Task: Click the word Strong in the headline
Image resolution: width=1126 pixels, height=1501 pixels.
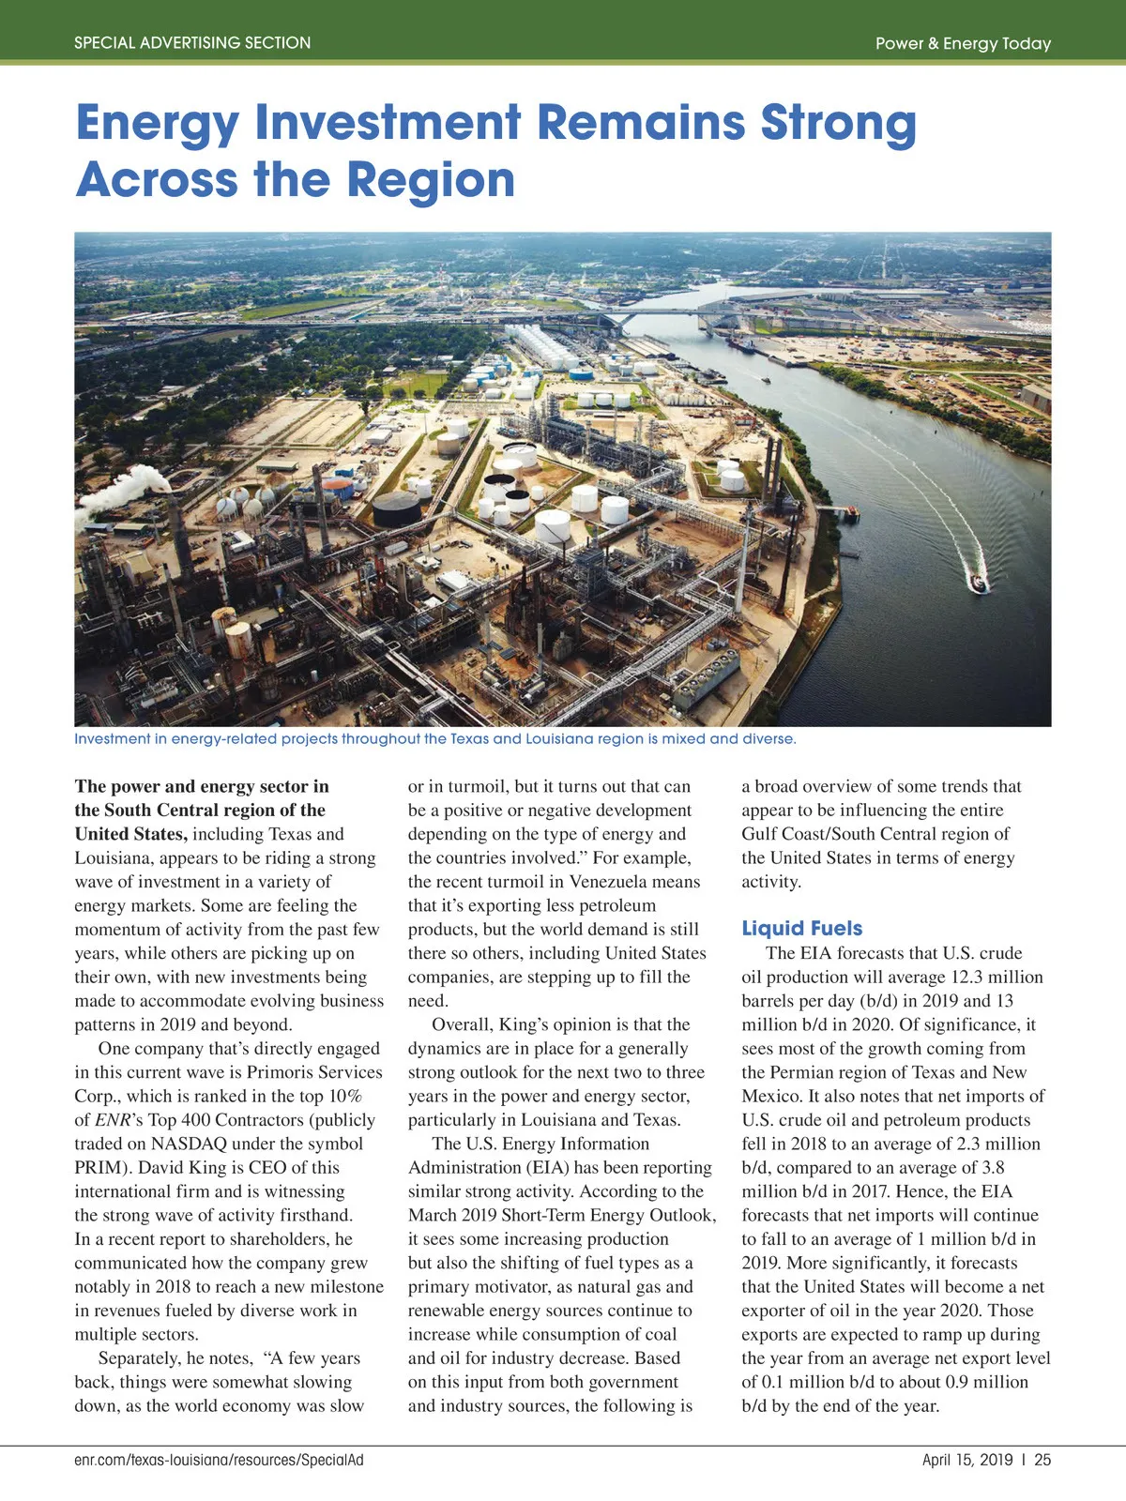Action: pos(838,123)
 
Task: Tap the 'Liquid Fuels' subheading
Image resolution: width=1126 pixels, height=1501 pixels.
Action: pos(801,928)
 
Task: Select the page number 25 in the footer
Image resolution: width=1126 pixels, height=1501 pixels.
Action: pos(1042,1460)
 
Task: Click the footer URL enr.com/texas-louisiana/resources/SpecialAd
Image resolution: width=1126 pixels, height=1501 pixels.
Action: pos(219,1460)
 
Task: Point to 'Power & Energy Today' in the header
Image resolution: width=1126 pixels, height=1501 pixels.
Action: pos(963,43)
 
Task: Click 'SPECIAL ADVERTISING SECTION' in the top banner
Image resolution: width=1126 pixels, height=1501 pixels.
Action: pos(192,43)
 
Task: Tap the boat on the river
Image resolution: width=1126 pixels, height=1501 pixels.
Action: pos(979,584)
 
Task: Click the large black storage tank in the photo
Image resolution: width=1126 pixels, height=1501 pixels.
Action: pos(397,509)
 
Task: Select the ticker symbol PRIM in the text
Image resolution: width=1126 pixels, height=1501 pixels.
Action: pos(99,1167)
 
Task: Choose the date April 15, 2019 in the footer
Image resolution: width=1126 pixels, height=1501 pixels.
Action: pos(966,1460)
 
